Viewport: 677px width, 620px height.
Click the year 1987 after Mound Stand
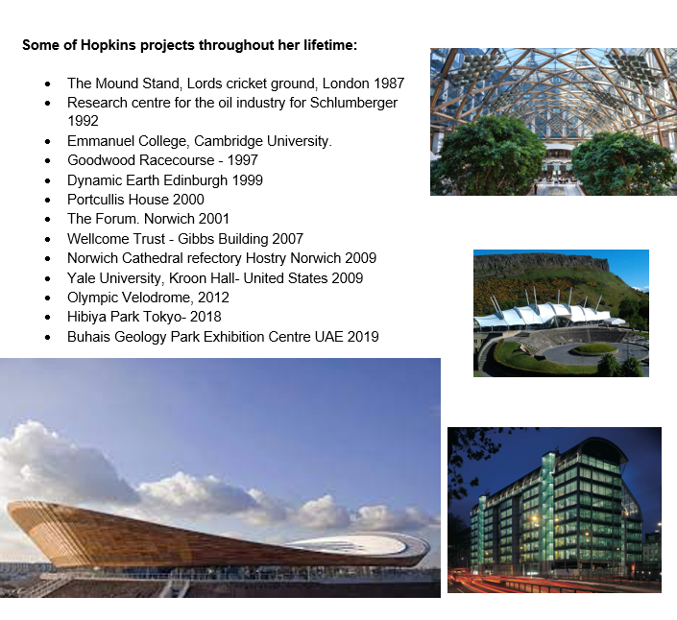point(389,83)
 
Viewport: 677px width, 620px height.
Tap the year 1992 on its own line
point(83,121)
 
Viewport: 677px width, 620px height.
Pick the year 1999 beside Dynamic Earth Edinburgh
point(248,180)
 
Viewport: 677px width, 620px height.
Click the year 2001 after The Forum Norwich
point(214,219)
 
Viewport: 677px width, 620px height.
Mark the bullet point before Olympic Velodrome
point(47,298)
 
